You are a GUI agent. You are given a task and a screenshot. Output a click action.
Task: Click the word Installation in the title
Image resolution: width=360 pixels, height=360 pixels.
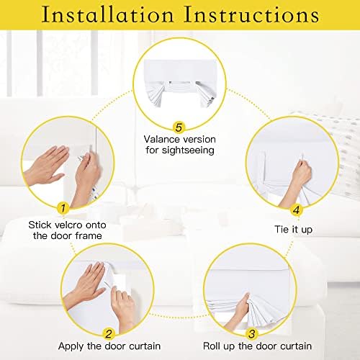pos(107,14)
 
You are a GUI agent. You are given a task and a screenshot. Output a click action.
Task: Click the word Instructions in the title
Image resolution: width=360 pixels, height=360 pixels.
pos(251,14)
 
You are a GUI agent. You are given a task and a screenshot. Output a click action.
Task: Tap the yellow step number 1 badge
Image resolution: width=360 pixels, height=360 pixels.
pos(63,208)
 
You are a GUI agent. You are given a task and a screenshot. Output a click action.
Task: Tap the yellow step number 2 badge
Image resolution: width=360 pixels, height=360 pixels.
pos(109,334)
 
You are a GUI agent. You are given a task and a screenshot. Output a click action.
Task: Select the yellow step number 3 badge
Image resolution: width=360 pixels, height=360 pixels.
pos(252,334)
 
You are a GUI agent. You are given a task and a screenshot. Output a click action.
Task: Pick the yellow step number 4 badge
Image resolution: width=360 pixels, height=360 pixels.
pos(297,210)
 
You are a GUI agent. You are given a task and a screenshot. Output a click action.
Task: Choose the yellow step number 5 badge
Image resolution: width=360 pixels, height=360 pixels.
pos(179,127)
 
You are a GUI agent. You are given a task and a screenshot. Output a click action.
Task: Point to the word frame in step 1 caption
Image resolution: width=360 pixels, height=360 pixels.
pos(89,235)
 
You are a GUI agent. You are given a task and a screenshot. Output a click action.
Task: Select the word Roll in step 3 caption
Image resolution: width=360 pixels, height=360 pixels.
pos(212,346)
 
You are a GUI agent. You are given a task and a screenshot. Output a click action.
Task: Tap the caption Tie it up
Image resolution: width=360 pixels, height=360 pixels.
pos(293,230)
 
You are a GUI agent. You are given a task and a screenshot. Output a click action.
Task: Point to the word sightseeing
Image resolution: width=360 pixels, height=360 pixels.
pos(188,150)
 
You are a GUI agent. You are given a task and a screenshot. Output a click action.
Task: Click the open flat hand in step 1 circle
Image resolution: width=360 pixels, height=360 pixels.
pos(46,166)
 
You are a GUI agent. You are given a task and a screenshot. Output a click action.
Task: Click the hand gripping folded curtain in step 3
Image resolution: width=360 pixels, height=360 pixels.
pos(238,312)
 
